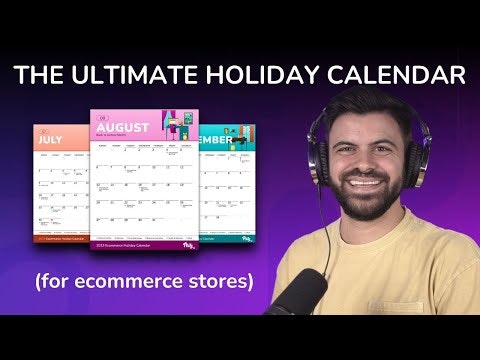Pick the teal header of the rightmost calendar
point(230,140)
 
